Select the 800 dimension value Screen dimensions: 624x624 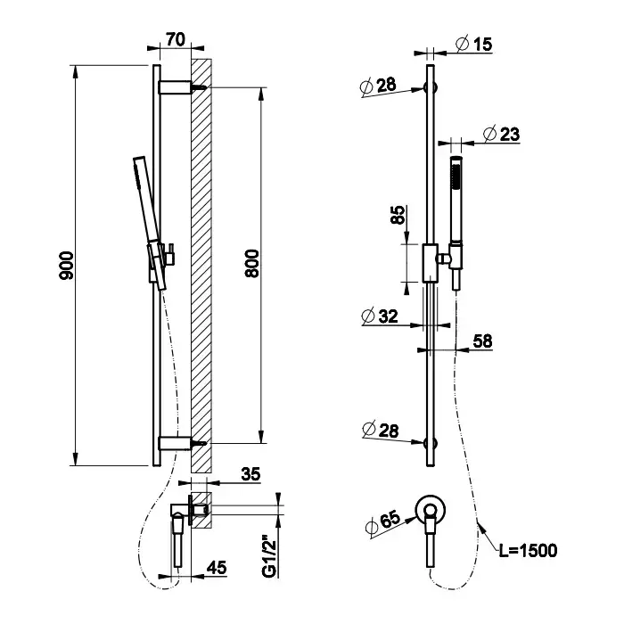[x=251, y=265]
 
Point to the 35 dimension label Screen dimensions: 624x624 [x=250, y=475]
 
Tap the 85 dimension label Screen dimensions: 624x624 [x=399, y=216]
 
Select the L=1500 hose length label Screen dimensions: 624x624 [x=529, y=550]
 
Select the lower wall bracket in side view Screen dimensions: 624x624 [x=176, y=442]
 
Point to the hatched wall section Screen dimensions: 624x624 [x=201, y=267]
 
